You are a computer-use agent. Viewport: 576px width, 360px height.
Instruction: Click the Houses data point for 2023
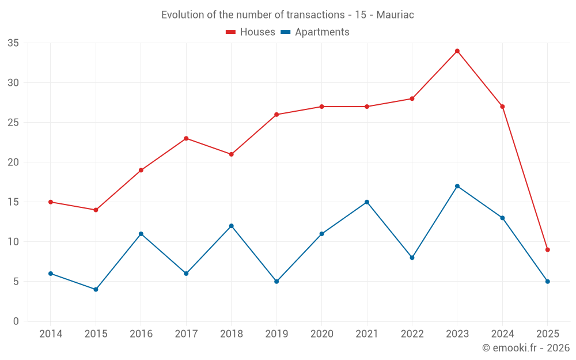point(457,51)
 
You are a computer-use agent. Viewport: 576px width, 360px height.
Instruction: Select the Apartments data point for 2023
point(457,186)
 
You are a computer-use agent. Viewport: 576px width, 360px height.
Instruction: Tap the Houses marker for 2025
point(548,249)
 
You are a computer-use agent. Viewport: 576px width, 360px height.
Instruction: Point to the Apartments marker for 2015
point(96,289)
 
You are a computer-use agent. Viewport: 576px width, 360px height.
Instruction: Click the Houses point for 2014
point(51,202)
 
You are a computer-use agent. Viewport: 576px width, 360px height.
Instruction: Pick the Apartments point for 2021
point(367,202)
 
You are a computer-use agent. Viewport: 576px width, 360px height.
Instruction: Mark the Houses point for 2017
point(186,138)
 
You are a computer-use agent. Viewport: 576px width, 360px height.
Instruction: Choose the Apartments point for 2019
point(276,282)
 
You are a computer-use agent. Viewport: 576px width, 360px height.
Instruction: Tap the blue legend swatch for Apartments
point(285,32)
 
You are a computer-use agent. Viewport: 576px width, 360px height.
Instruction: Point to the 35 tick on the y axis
point(13,43)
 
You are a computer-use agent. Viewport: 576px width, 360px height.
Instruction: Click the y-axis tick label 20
point(13,162)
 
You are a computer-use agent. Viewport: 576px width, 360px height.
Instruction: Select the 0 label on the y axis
point(16,321)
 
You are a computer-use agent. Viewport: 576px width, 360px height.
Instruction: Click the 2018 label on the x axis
point(231,334)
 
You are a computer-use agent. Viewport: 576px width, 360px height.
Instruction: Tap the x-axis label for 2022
point(412,334)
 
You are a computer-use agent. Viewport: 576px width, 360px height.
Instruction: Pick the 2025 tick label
point(548,334)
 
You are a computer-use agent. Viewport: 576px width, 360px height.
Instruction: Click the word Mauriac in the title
point(395,15)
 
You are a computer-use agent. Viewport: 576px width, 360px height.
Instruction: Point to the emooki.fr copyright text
point(526,348)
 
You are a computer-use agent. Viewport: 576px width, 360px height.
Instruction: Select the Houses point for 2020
point(321,107)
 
